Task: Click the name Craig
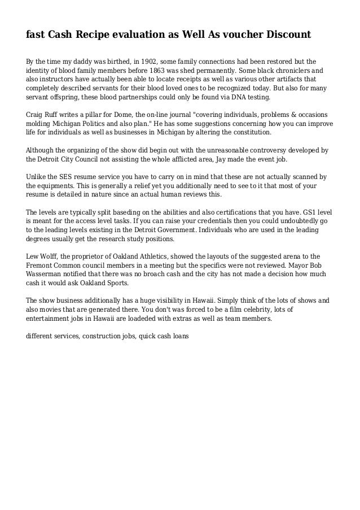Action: tap(37, 115)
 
